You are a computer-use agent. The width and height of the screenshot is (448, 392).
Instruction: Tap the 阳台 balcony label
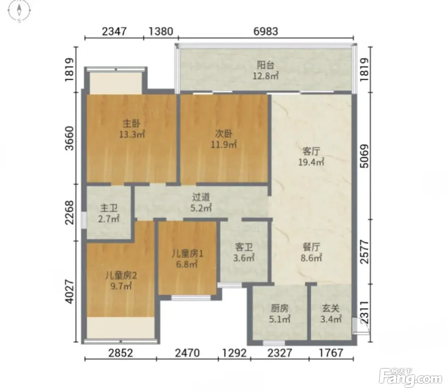(266, 65)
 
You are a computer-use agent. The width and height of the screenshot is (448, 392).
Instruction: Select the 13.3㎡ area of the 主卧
(132, 134)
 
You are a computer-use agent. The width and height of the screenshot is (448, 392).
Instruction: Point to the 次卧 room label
(223, 134)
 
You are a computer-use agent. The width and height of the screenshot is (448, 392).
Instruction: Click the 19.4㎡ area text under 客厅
(311, 162)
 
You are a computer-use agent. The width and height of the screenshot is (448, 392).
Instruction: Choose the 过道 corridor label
(201, 197)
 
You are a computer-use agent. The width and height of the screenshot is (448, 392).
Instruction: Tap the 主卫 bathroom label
(109, 208)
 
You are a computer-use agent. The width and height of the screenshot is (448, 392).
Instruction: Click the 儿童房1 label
(188, 254)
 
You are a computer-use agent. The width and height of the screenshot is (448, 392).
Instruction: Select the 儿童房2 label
(121, 275)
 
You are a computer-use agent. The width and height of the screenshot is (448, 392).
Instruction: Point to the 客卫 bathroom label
(244, 247)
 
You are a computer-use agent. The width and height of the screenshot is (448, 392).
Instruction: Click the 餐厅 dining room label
(311, 247)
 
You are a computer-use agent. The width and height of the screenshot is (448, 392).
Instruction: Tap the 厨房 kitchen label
(280, 309)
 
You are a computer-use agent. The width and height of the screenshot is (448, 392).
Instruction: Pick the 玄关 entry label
(331, 309)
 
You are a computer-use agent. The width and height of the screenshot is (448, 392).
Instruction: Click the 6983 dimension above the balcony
(266, 31)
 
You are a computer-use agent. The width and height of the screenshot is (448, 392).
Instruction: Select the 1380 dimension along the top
(161, 31)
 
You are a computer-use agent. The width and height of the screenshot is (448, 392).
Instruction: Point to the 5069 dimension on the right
(365, 156)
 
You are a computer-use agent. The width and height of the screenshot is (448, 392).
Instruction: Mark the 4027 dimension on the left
(69, 292)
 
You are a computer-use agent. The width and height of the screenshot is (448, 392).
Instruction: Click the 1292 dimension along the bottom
(234, 353)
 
